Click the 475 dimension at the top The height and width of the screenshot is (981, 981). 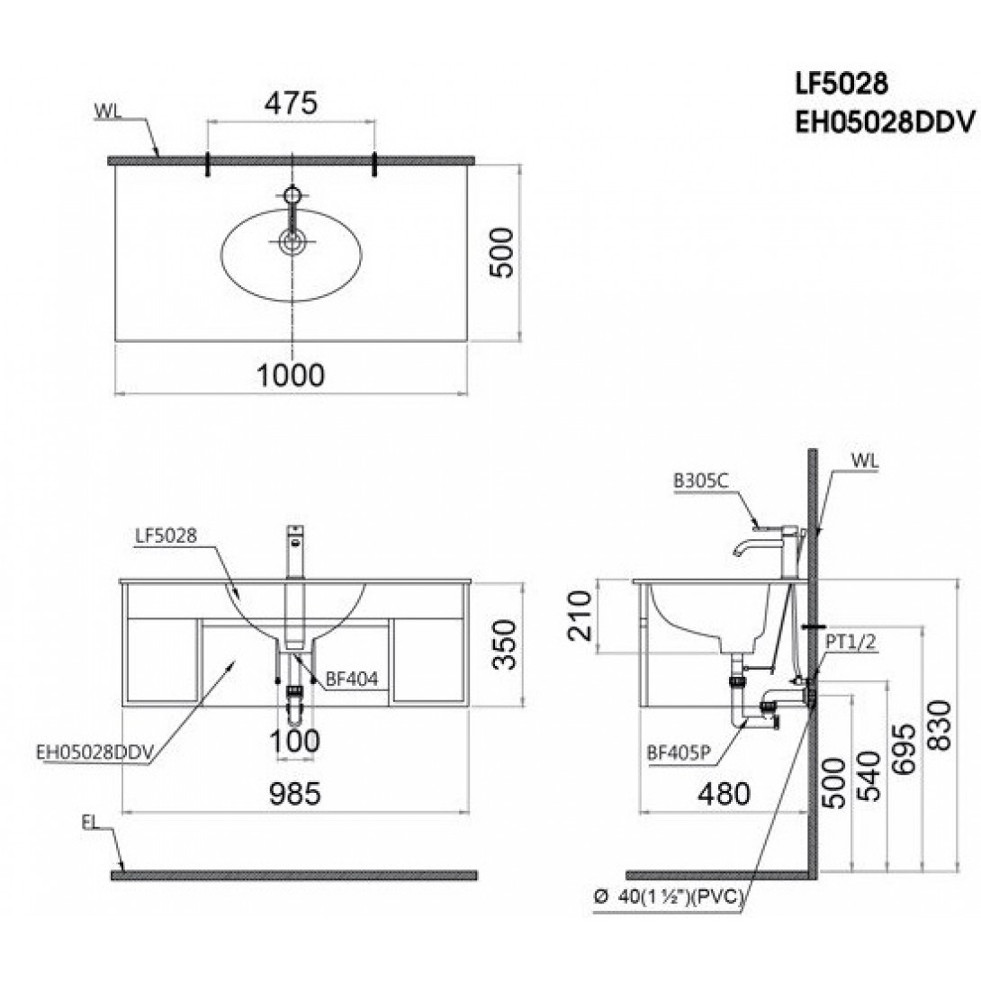(290, 103)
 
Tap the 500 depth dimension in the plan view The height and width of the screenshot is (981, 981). (504, 252)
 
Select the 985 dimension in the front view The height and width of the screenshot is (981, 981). (295, 793)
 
